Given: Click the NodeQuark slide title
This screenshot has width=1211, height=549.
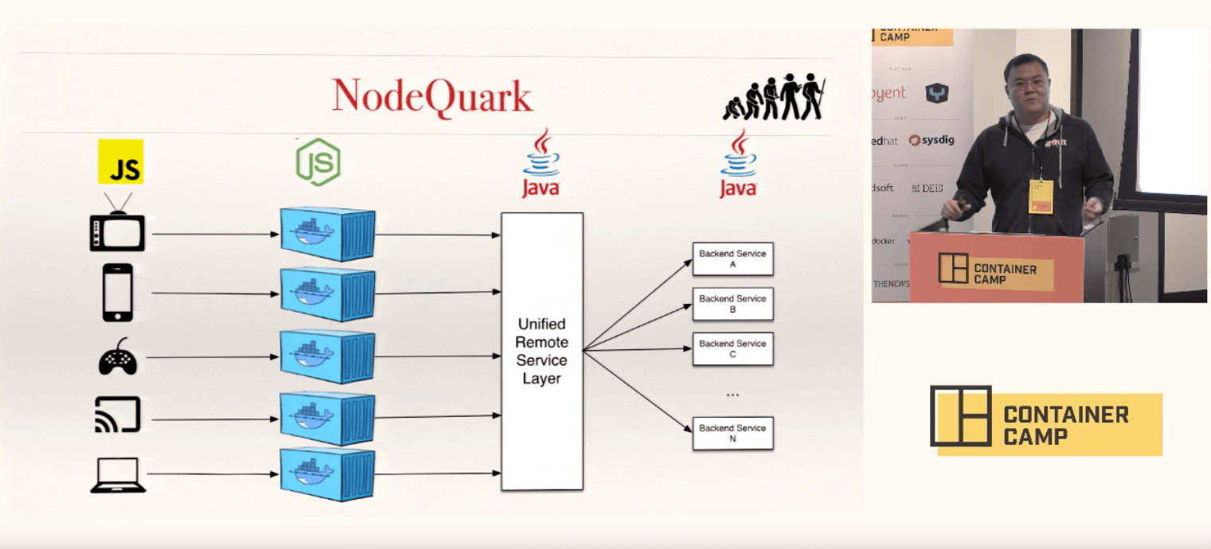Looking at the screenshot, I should click(x=432, y=97).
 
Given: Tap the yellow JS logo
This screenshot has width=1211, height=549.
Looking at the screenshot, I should click(x=120, y=162).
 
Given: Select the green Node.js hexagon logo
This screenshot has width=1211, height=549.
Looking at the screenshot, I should click(x=318, y=162).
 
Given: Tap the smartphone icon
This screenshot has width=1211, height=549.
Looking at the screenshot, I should click(x=118, y=293).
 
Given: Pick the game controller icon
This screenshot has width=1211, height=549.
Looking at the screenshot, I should click(x=118, y=356).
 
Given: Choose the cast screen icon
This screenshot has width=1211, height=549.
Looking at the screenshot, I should click(x=118, y=415).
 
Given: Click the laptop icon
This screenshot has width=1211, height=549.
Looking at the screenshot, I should click(x=118, y=475).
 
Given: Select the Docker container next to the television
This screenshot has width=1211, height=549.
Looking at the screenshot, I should click(x=327, y=234).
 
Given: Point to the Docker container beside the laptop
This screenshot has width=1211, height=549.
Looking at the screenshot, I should click(x=327, y=475).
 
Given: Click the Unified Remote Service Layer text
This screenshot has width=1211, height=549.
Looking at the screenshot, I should click(x=541, y=351).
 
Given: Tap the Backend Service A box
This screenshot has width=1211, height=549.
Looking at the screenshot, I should click(x=732, y=259).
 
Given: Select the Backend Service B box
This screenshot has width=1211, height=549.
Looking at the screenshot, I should click(x=732, y=304).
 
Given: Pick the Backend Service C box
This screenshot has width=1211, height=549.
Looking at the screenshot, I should click(x=732, y=348).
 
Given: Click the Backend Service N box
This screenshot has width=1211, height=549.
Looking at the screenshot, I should click(x=732, y=433).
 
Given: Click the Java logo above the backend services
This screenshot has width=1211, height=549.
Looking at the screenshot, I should click(x=738, y=165).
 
